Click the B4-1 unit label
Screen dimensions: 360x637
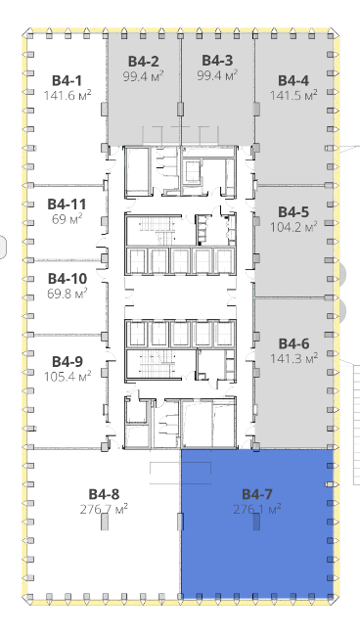pos(67,80)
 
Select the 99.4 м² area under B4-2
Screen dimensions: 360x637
pos(144,76)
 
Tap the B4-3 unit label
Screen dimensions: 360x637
pos(217,61)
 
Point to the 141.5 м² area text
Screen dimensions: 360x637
pos(293,96)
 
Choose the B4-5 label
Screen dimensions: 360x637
pos(293,212)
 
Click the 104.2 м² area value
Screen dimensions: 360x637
pos(293,227)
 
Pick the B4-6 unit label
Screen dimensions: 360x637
pos(293,343)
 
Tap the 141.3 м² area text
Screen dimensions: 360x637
pos(294,358)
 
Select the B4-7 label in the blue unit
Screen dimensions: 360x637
pos(257,494)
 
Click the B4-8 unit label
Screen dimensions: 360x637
pos(104,494)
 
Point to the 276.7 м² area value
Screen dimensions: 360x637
pos(104,509)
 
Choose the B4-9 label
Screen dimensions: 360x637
pos(67,362)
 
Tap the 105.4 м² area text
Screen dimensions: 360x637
pos(67,376)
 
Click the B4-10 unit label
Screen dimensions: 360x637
pos(67,279)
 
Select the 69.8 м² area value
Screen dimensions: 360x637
pos(67,294)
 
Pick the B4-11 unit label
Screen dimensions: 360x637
pos(67,204)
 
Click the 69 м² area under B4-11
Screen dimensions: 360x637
pos(67,219)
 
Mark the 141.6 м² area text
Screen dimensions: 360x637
pos(67,96)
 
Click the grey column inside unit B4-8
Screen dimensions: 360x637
pos(105,522)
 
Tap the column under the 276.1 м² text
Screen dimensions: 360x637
pos(256,522)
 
